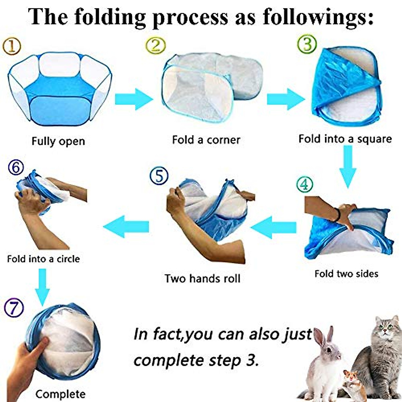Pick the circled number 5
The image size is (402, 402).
coord(159,176)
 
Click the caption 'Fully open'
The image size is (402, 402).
coord(58,141)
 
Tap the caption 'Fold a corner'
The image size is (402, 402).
coord(206,140)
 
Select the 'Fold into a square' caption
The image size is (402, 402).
coord(345,139)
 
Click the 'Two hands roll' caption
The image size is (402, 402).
coord(202,278)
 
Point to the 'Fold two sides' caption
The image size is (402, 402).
coord(346,274)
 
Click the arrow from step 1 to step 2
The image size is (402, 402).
coord(133,99)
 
